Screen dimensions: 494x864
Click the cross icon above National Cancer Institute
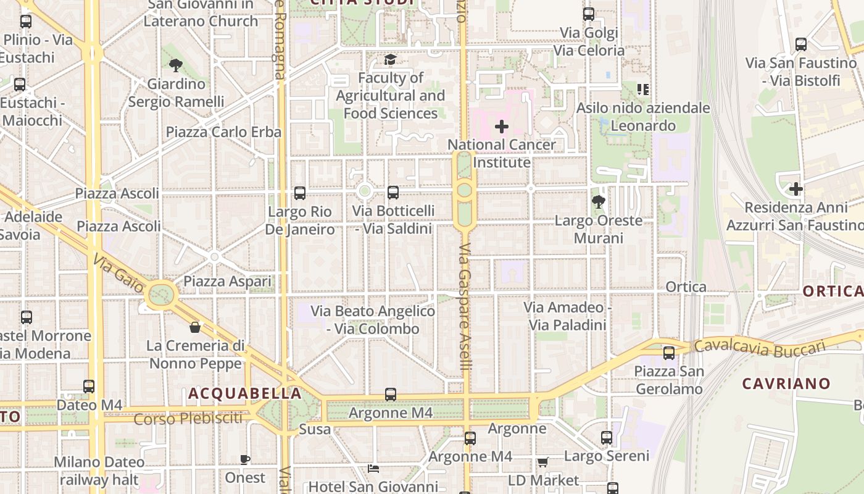pyautogui.click(x=502, y=127)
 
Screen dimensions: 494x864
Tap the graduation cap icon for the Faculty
pyautogui.click(x=390, y=59)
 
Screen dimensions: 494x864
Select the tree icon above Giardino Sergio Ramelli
pyautogui.click(x=176, y=65)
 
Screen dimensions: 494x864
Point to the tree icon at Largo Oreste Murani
pyautogui.click(x=598, y=201)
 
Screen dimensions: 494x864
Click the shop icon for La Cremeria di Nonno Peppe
pyautogui.click(x=195, y=327)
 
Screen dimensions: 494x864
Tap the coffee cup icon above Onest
pyautogui.click(x=245, y=459)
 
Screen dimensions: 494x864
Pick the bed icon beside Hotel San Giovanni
pyautogui.click(x=373, y=468)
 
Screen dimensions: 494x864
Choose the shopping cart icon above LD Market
pyautogui.click(x=543, y=462)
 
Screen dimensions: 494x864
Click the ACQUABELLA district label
pyautogui.click(x=245, y=393)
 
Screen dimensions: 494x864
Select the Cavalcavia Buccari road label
pyautogui.click(x=759, y=347)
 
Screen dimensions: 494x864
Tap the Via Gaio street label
pyautogui.click(x=119, y=275)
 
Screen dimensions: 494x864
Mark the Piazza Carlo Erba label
pyautogui.click(x=223, y=132)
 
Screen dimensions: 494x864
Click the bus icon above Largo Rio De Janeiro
pyautogui.click(x=300, y=193)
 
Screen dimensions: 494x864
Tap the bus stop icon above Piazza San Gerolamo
pyautogui.click(x=669, y=353)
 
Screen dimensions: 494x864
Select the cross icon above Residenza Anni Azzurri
pyautogui.click(x=796, y=189)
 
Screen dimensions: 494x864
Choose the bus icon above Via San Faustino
pyautogui.click(x=801, y=44)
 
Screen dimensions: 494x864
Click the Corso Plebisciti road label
pyautogui.click(x=188, y=419)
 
